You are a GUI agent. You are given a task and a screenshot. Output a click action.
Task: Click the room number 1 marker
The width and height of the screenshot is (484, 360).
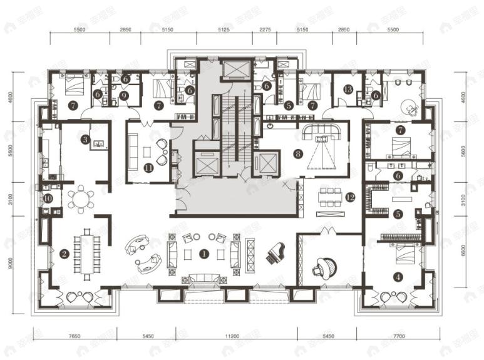pos(203,254)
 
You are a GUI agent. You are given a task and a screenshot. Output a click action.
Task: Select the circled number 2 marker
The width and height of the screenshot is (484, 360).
pos(64,254)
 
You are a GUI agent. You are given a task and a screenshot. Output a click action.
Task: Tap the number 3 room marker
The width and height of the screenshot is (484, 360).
pos(85,139)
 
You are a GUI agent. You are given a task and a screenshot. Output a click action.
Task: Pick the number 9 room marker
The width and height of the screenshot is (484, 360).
pos(125,95)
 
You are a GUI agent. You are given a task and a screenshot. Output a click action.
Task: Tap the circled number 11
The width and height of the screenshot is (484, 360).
pos(148,167)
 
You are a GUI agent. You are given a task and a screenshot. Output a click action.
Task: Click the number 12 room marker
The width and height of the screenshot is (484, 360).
pos(349,198)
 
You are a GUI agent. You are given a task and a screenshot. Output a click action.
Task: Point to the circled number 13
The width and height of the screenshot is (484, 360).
pos(348,89)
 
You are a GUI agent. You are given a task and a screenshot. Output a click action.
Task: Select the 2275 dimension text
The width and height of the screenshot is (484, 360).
pos(265,30)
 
